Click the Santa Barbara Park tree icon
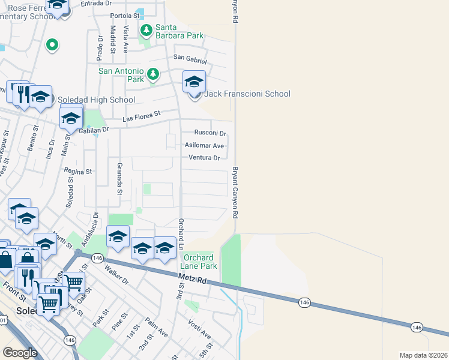[x=146, y=30]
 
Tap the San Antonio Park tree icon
[x=154, y=74]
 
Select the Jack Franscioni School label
[x=247, y=94]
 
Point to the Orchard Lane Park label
[x=199, y=262]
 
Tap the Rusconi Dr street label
[x=209, y=133]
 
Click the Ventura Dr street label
[x=204, y=158]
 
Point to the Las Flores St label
[x=142, y=115]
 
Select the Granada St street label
[x=120, y=179]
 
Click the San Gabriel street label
[x=190, y=58]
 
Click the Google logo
[x=20, y=352]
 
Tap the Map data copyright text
[x=423, y=355]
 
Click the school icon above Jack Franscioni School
[x=194, y=82]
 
